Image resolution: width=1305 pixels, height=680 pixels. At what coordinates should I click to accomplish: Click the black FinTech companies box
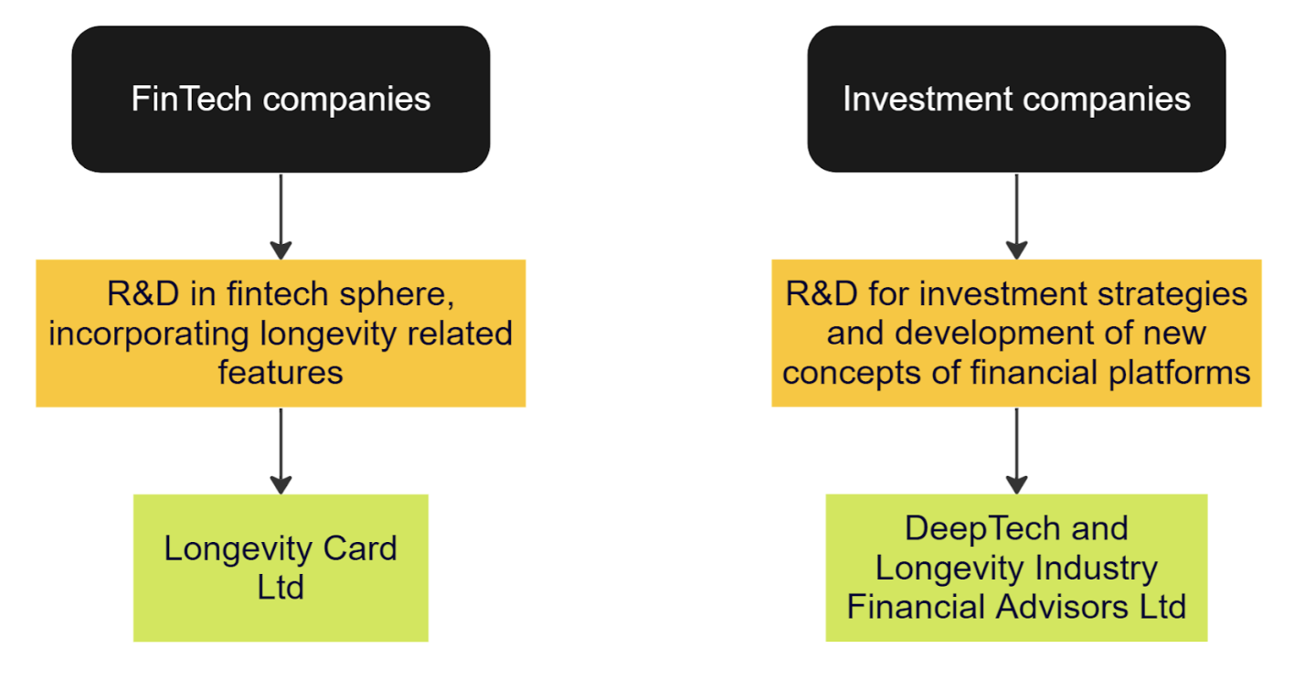coord(281,99)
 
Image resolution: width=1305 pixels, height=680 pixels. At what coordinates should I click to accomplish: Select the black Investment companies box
coord(1016,99)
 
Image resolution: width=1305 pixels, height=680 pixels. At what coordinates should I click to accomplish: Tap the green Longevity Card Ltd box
coord(281,568)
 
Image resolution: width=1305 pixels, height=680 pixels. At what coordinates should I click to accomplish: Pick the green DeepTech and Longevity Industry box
coord(1016,568)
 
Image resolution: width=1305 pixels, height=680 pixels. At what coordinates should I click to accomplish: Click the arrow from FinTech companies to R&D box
coord(281,217)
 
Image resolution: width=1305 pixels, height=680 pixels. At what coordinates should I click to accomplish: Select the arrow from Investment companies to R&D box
coord(1016,217)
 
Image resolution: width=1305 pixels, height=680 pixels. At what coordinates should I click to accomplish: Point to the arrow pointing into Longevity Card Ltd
coord(281,452)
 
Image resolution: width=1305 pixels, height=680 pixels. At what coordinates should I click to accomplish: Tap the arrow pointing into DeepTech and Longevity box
coord(1016,452)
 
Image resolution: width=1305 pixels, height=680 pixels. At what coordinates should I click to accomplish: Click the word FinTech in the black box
coord(191,99)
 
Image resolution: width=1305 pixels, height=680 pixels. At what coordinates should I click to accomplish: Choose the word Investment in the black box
coord(928,99)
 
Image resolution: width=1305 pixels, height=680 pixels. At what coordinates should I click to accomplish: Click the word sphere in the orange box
coord(397,295)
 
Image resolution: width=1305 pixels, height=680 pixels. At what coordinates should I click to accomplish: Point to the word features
coord(281,372)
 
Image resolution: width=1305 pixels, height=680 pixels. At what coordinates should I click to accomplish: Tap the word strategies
coord(1172,295)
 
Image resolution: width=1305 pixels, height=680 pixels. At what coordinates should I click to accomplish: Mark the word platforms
coord(1179,374)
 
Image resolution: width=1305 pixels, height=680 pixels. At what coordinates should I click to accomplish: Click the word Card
coord(360,548)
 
